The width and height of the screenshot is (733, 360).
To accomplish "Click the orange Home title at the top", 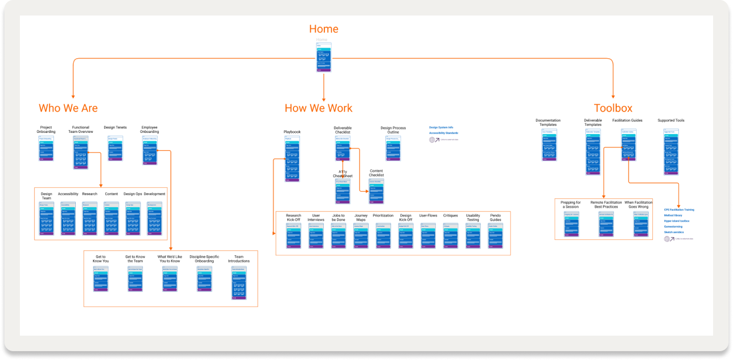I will [x=323, y=29].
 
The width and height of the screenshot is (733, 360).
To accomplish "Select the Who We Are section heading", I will [x=68, y=108].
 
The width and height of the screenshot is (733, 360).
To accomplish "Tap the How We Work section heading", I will [x=318, y=108].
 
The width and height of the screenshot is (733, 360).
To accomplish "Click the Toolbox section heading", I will [x=613, y=108].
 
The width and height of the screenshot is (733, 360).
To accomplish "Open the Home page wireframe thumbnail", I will [x=324, y=57].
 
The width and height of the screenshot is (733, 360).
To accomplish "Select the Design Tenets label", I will [x=115, y=127].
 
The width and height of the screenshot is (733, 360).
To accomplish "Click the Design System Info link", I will [x=442, y=127].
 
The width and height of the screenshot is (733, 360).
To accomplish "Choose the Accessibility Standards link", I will [x=443, y=133].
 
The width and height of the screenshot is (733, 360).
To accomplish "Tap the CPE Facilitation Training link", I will [x=679, y=210].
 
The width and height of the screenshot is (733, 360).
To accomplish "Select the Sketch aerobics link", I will [x=674, y=232].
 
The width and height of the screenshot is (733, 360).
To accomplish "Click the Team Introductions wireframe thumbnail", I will [x=239, y=283].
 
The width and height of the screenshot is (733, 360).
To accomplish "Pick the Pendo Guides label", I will [x=495, y=218].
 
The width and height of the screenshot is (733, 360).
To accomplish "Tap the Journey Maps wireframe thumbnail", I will [x=361, y=235].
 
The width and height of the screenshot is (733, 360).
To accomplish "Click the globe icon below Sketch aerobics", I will [x=668, y=239].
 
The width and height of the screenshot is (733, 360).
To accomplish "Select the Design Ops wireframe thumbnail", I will [x=132, y=218].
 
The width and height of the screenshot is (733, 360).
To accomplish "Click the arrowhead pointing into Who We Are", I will [x=73, y=96].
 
